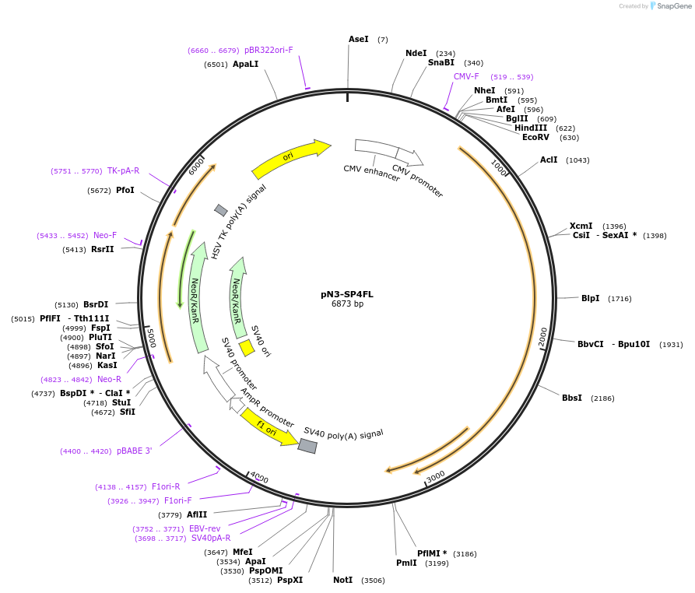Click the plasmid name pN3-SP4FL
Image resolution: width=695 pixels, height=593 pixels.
point(347,294)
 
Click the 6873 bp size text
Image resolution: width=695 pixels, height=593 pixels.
point(347,304)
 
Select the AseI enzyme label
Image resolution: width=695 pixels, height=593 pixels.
point(359,39)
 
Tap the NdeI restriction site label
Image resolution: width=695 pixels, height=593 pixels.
point(416,53)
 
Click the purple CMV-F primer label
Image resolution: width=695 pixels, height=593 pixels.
point(466,76)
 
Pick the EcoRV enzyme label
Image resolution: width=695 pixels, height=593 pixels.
point(535,137)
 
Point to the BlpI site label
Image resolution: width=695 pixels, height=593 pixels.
point(591,298)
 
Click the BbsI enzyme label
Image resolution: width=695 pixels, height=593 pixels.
point(572,398)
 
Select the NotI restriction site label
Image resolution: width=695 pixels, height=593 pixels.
point(343,580)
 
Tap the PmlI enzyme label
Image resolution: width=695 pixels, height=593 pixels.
point(406,563)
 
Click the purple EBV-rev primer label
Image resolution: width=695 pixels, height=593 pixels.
point(205,528)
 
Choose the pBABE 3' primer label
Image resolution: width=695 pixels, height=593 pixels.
point(135,451)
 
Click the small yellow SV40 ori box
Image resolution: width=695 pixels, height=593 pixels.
point(247,347)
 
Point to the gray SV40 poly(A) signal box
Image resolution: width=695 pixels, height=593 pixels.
point(307,446)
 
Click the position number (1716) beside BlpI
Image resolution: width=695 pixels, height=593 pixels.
point(620,299)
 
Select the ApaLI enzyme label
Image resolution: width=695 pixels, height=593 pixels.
point(245,65)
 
